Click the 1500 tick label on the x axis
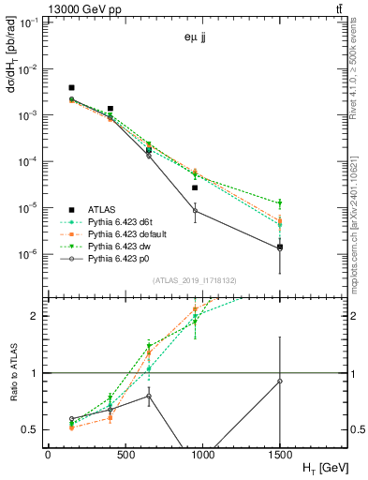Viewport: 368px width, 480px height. click(280, 454)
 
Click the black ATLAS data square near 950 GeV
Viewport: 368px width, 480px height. click(195, 187)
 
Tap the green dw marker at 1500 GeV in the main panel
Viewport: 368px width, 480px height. click(280, 203)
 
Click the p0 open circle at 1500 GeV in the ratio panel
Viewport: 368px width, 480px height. click(280, 381)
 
